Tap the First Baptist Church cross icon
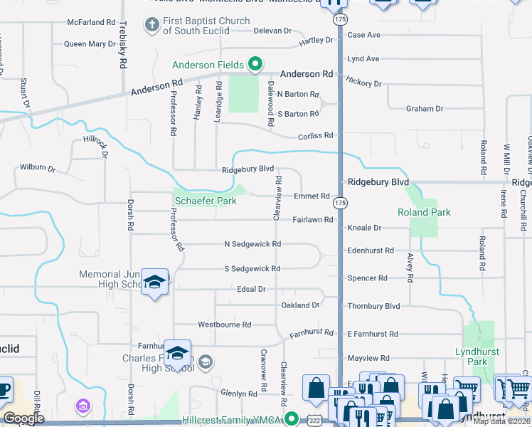click(151, 25)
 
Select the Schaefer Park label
click(206, 201)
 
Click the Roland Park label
click(424, 212)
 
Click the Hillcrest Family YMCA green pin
click(290, 418)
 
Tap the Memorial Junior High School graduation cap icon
click(154, 282)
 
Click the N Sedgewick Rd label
click(252, 244)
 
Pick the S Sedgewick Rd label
click(252, 269)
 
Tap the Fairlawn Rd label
click(313, 220)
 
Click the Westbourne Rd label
click(225, 325)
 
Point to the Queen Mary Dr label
click(90, 44)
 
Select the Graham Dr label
click(425, 109)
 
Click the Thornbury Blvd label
click(373, 306)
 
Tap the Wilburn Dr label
click(37, 168)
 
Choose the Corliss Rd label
click(315, 135)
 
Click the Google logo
click(23, 418)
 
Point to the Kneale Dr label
click(365, 228)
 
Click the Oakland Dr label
click(300, 305)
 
